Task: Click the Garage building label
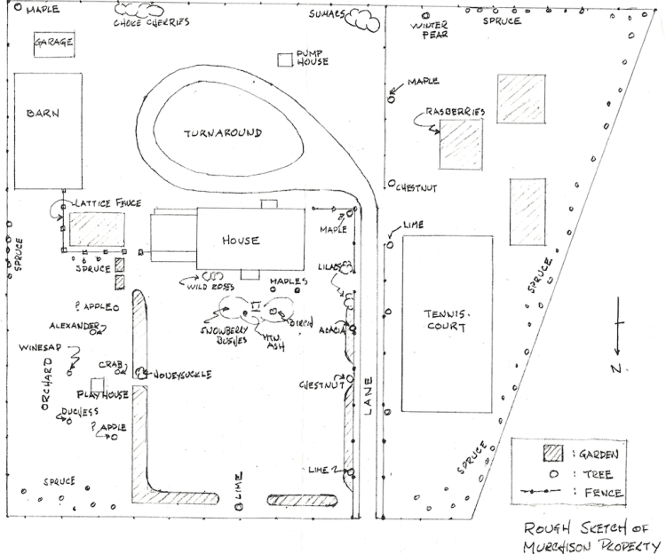click(x=52, y=43)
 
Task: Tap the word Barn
click(x=42, y=114)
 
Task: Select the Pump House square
click(x=286, y=59)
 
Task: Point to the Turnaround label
click(x=223, y=133)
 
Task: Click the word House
click(x=241, y=241)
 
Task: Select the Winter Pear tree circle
click(x=424, y=16)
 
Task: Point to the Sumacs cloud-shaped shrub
click(x=361, y=20)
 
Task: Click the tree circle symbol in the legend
click(x=553, y=474)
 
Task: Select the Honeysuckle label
click(x=183, y=375)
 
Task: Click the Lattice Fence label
click(x=106, y=203)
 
